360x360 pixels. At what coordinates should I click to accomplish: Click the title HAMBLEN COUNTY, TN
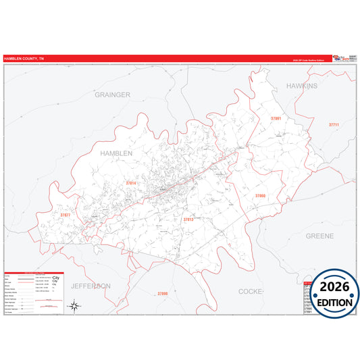coord(22,58)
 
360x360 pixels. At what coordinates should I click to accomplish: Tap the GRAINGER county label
coord(112,95)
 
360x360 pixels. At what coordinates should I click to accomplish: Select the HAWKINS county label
coord(301,86)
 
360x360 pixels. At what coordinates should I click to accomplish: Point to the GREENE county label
coord(320,236)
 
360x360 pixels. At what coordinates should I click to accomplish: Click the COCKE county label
coord(251,291)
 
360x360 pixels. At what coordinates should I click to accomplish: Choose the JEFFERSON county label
coord(91,286)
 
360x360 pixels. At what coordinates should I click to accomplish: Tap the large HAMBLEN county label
coord(117,153)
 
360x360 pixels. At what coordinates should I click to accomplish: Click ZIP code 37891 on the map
coord(275,119)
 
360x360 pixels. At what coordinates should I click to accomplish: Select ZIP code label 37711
coord(334,124)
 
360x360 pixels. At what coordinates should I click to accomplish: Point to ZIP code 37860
coord(260,195)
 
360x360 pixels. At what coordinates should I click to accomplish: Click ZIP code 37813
coord(188,220)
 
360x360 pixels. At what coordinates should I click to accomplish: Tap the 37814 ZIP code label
coord(130,183)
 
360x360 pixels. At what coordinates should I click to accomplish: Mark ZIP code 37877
coord(65,215)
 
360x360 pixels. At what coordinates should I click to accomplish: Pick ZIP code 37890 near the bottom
coord(162,293)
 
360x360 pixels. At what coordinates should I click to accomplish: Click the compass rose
coord(75,306)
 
